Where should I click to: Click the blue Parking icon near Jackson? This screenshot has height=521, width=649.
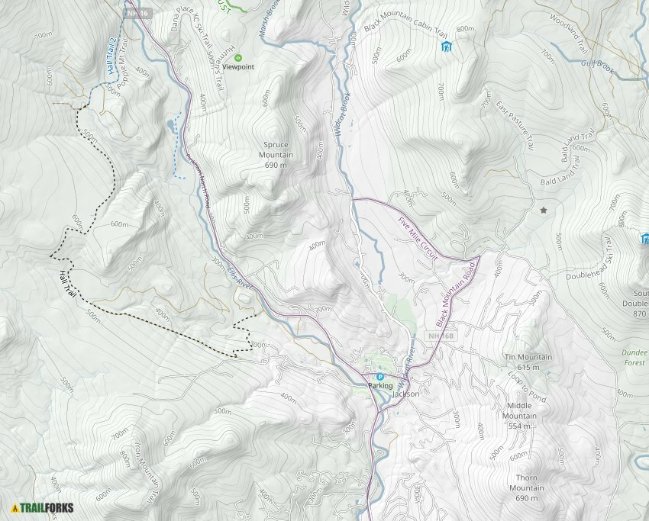(379, 377)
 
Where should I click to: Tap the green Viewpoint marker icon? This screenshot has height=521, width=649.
(237, 57)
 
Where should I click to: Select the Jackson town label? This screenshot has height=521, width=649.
(405, 394)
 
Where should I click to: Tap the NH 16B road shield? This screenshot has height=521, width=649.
(434, 336)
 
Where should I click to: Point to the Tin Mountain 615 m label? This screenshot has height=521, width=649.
(528, 362)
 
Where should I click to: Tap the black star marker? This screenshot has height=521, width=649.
(544, 210)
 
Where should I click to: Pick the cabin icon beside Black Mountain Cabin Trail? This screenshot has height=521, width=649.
(446, 47)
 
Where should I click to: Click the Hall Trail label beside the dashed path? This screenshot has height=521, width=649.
(68, 282)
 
